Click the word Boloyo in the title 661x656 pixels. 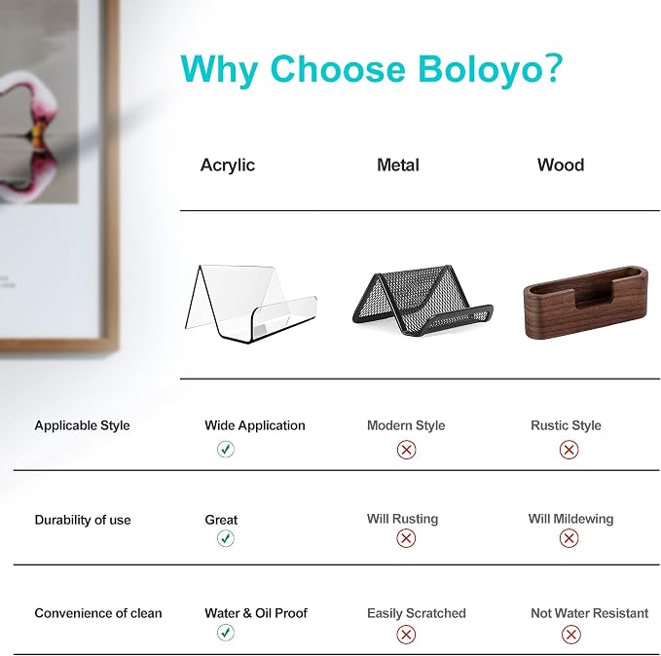click(x=480, y=69)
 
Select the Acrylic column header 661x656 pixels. click(x=228, y=165)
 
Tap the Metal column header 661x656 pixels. click(x=398, y=164)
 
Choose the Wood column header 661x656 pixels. click(x=561, y=164)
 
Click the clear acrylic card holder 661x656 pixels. click(x=251, y=304)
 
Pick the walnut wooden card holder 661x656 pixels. click(x=586, y=302)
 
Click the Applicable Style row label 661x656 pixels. click(x=82, y=425)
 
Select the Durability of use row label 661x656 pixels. click(x=83, y=520)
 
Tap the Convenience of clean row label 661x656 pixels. click(x=98, y=613)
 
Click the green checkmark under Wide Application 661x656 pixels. click(x=226, y=449)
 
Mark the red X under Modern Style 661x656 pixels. click(x=406, y=450)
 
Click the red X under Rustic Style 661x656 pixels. click(x=569, y=450)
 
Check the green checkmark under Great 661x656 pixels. click(x=226, y=538)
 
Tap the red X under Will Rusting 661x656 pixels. click(x=406, y=538)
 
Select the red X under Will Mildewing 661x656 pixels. click(x=569, y=538)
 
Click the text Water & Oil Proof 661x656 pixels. click(x=256, y=613)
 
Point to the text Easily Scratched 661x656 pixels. click(x=417, y=613)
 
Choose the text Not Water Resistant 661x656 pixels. click(x=589, y=613)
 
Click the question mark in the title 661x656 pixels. click(x=553, y=67)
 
